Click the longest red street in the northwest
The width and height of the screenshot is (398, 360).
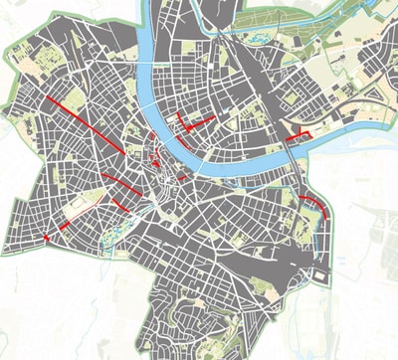tap(85, 121)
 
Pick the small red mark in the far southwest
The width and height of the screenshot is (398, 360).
tap(46, 238)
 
